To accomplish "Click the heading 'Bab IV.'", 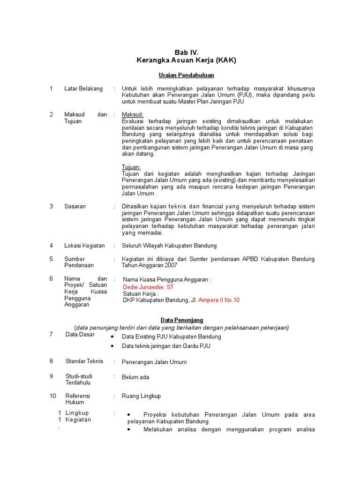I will click(x=186, y=52).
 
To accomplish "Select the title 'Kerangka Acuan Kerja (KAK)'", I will click(x=186, y=60).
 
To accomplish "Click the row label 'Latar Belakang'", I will click(x=83, y=89).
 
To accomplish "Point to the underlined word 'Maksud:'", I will click(x=133, y=114).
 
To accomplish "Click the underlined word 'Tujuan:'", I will click(x=131, y=167).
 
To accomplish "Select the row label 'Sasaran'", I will click(x=75, y=206).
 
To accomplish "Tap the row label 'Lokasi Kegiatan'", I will click(x=84, y=246).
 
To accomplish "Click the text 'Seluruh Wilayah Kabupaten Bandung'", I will click(x=169, y=246).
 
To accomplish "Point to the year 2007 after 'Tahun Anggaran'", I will click(x=171, y=265).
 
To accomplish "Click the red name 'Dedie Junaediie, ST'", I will click(x=148, y=287).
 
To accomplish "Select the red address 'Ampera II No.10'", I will click(x=219, y=300).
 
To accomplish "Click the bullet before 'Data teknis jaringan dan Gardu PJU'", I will click(x=112, y=346).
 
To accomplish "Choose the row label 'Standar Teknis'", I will click(x=84, y=361).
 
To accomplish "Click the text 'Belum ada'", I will click(x=135, y=377).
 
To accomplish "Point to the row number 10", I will click(x=53, y=396).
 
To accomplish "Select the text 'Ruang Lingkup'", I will click(x=141, y=396).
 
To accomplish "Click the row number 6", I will click(x=52, y=278).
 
